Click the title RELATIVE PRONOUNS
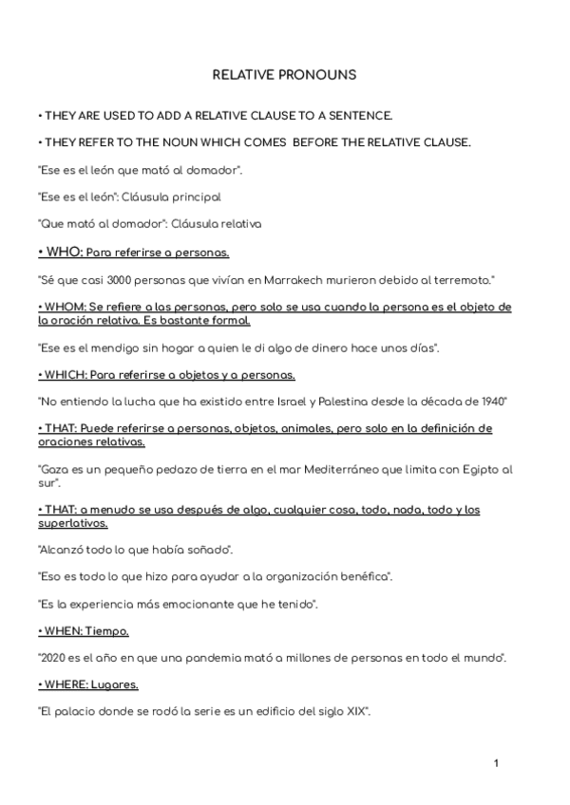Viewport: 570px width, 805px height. click(284, 73)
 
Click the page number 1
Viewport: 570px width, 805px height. click(496, 762)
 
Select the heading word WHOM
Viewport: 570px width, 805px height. click(64, 307)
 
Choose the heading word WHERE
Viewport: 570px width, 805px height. click(65, 683)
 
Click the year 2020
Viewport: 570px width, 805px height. click(52, 657)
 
